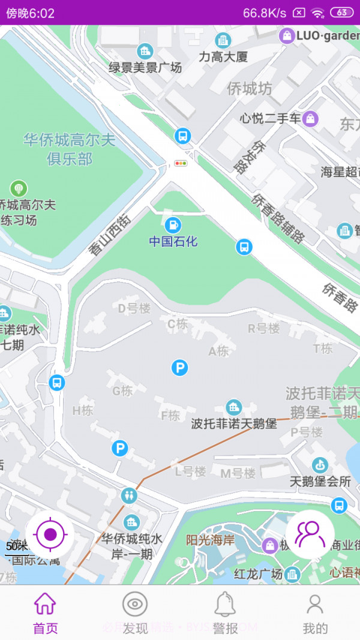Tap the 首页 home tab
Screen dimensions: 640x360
[x=45, y=614]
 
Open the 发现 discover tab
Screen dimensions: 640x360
[x=135, y=614]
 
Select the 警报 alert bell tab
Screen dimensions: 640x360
[x=225, y=614]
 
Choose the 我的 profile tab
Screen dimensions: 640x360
[x=315, y=614]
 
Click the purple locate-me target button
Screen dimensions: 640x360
[x=50, y=534]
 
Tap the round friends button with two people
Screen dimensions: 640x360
[x=310, y=534]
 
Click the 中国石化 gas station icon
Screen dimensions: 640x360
[x=173, y=226]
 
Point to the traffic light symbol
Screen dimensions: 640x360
[x=181, y=163]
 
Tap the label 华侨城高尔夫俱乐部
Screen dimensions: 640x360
[x=70, y=149]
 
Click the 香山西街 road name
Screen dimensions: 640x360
[x=110, y=235]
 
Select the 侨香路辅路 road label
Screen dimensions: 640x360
[x=278, y=218]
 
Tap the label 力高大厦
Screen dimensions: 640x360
[x=223, y=58]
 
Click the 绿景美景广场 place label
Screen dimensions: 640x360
[x=145, y=68]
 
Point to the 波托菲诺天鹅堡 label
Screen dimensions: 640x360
[x=234, y=423]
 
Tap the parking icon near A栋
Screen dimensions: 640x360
[x=179, y=368]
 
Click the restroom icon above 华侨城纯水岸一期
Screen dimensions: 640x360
[x=129, y=495]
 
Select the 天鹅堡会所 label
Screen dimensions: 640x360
[x=320, y=481]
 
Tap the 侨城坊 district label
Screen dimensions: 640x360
[x=250, y=89]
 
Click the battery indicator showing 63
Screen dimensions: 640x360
[x=341, y=12]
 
